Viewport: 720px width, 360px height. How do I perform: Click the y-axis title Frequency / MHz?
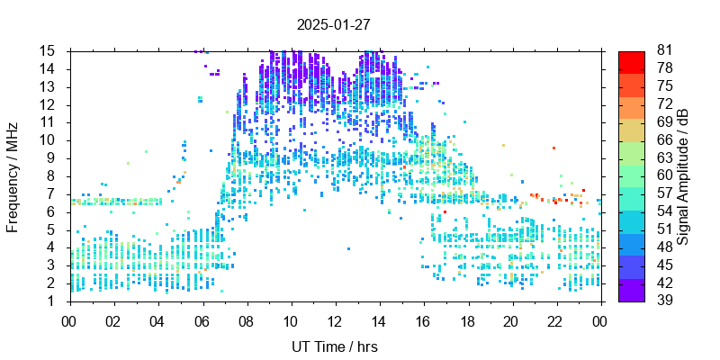click(13, 175)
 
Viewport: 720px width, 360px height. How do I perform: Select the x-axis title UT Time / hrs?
click(335, 346)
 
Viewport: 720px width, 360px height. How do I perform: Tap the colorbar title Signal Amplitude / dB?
click(683, 175)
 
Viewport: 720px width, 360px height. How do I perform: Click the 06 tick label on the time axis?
click(202, 319)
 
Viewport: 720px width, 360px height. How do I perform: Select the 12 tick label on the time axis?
click(335, 319)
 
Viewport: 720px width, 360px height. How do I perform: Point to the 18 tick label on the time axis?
click(467, 319)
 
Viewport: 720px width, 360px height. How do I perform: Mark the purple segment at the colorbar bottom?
click(632, 291)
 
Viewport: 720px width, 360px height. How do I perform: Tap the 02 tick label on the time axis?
click(113, 319)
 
